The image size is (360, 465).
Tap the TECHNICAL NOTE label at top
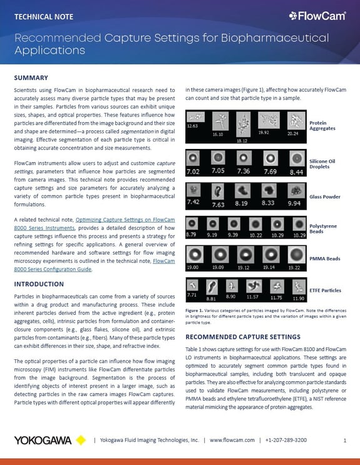point(44,16)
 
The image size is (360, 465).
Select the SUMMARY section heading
point(31,78)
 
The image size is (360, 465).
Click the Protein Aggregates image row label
point(322,125)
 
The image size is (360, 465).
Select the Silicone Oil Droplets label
point(322,164)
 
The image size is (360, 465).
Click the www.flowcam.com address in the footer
point(232,440)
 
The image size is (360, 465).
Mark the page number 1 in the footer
point(345,440)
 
